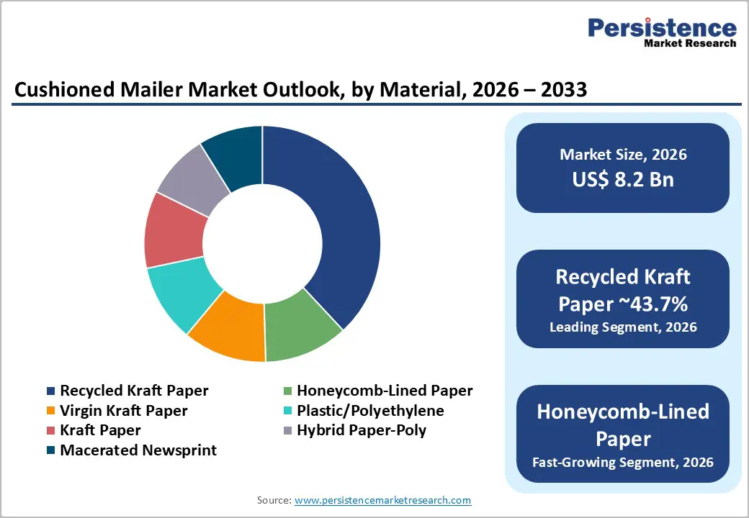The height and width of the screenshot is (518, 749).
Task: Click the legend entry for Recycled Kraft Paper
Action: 134,391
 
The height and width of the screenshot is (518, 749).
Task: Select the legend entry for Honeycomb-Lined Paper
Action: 385,391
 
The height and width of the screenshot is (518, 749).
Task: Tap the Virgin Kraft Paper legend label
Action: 124,411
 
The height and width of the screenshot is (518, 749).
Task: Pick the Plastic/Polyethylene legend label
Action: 370,411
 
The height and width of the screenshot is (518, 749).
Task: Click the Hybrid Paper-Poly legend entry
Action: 362,430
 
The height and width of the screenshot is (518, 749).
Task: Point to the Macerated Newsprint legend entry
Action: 138,450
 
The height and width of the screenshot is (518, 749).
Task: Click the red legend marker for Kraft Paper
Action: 50,431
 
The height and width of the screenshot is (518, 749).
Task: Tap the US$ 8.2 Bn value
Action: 623,180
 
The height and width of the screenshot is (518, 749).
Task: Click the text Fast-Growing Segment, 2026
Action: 623,462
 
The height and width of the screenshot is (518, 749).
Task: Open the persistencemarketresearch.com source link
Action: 383,500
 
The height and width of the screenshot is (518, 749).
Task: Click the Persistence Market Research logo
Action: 662,33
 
